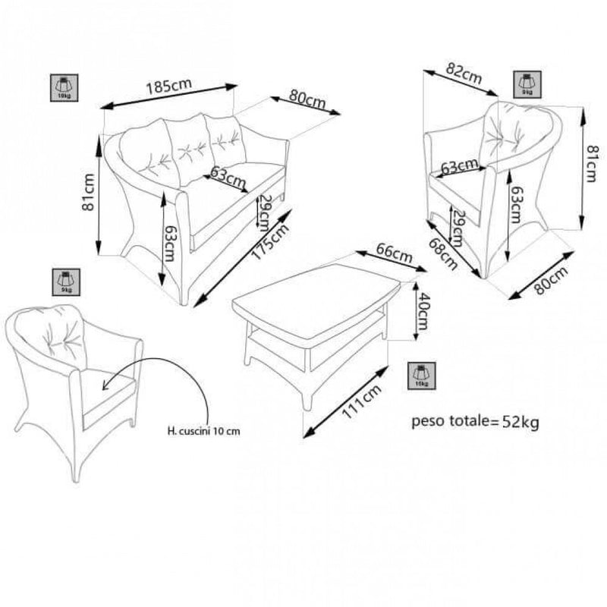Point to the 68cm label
point(444,255)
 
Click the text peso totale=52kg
point(475,422)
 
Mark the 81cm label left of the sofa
point(90,193)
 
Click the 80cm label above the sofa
point(307,101)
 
